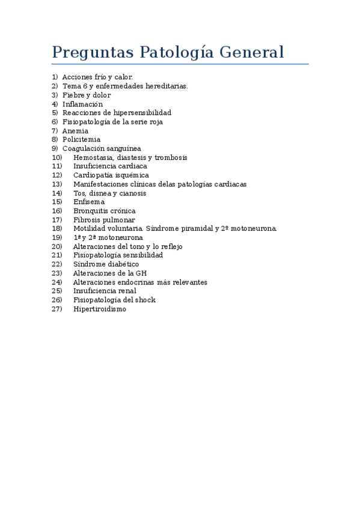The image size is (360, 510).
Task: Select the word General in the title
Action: pos(251,52)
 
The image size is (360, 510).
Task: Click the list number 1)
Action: pos(55,77)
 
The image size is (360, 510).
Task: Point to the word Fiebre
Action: pos(74,95)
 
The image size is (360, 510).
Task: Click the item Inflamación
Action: pos(82,104)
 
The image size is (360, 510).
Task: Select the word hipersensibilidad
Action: pos(142,112)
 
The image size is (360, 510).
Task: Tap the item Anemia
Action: pos(75,131)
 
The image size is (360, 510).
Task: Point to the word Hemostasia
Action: pos(94,158)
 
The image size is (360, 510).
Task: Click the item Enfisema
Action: pos(88,202)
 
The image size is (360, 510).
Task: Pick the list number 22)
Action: pos(57,264)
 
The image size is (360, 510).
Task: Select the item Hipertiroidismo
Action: pos(100,309)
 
